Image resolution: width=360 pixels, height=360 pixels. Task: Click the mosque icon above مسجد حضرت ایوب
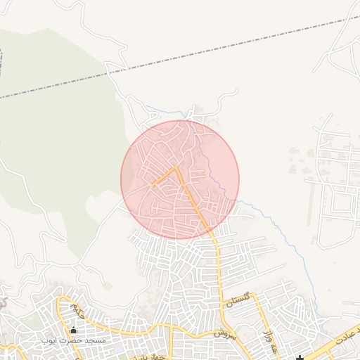pyautogui.click(x=73, y=329)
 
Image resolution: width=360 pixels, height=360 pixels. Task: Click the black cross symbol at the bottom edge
pyautogui.click(x=300, y=357)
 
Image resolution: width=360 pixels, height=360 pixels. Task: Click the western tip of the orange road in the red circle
pyautogui.click(x=152, y=186)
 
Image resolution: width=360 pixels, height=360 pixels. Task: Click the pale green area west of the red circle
pyautogui.click(x=63, y=141)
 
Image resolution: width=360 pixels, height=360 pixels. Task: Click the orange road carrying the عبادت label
pyautogui.click(x=330, y=345)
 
